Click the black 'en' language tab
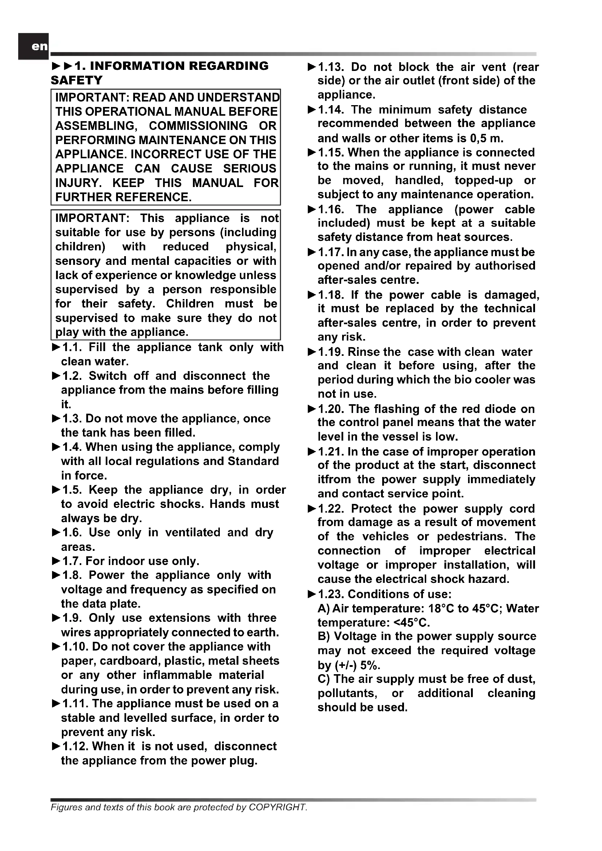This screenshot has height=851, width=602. [x=33, y=46]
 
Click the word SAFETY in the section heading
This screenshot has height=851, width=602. [x=77, y=80]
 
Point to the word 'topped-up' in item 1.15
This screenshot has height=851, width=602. [x=483, y=180]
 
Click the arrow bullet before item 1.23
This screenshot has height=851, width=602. [x=312, y=594]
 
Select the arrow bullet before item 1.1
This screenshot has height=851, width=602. [x=56, y=347]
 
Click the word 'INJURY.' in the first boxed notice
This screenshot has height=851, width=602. [x=78, y=183]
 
